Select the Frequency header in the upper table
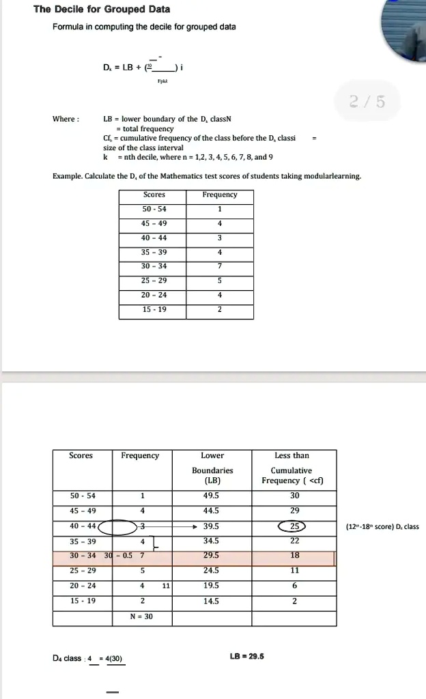[220, 195]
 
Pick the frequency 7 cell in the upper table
[220, 266]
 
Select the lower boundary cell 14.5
[212, 601]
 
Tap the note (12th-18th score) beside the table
[383, 526]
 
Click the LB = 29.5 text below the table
[247, 657]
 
